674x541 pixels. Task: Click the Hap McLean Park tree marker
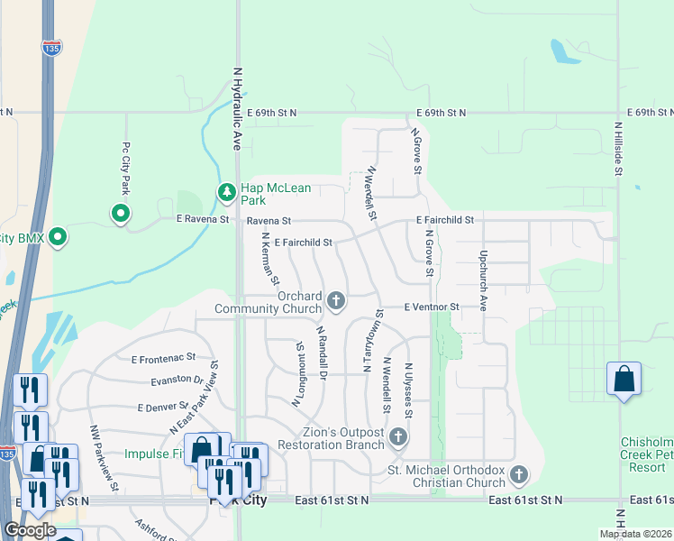[x=226, y=192]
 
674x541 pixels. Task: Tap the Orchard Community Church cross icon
[x=337, y=300]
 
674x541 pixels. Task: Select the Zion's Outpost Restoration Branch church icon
[x=397, y=438]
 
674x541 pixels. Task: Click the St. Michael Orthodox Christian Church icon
[x=518, y=474]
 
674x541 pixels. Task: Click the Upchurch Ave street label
[x=483, y=280]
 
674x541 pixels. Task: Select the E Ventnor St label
[x=432, y=307]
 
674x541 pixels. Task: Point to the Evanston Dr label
[x=178, y=380]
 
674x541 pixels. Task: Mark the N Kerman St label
[x=269, y=260]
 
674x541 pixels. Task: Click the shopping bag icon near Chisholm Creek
[x=624, y=381]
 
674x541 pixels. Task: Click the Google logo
[x=29, y=530]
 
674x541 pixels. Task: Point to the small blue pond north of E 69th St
[x=563, y=52]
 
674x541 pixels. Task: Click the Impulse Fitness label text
[x=155, y=454]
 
